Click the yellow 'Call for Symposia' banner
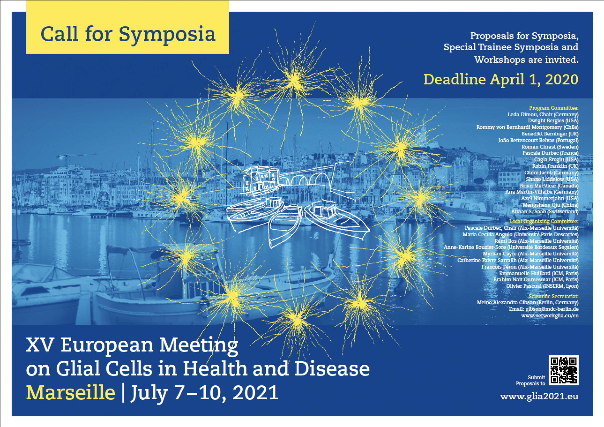[x=128, y=27]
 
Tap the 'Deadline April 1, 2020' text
[x=501, y=79]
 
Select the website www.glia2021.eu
[x=539, y=397]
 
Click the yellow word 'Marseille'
[x=71, y=393]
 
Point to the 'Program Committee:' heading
[x=554, y=108]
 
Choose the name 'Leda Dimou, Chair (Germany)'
[x=543, y=114]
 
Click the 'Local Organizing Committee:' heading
[x=544, y=221]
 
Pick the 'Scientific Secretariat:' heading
[x=554, y=296]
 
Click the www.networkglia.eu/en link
[x=550, y=315]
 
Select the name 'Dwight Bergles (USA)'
[x=553, y=121]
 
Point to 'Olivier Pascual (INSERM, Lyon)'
[x=542, y=286]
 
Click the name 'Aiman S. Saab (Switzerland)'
[x=545, y=211]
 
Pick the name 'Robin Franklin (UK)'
[x=555, y=166]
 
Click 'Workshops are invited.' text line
[x=526, y=60]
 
